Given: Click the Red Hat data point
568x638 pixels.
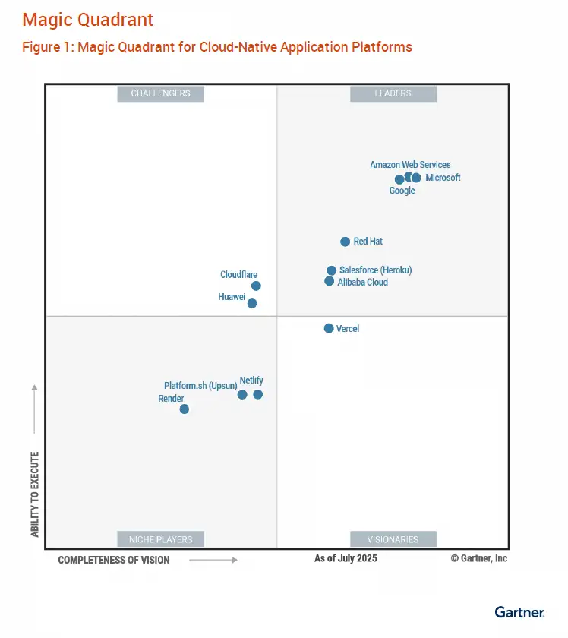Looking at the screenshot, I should [x=346, y=242].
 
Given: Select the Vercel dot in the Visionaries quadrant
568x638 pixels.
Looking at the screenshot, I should [x=329, y=328].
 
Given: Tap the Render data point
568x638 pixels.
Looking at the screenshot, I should [x=184, y=409].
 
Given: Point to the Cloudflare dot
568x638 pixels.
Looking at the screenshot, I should [x=256, y=286].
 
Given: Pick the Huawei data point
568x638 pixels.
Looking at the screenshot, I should [x=252, y=303].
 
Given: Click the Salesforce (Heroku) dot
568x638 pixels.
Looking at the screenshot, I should [x=331, y=270].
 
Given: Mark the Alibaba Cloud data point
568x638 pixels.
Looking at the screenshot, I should [x=329, y=281].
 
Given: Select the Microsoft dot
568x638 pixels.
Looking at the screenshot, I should [x=416, y=178].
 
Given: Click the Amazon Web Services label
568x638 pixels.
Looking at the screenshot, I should [x=410, y=164].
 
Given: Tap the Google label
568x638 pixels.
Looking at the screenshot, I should [x=402, y=191].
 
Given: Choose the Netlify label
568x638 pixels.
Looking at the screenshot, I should [x=251, y=380].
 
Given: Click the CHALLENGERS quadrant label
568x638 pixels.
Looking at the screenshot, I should [x=160, y=93].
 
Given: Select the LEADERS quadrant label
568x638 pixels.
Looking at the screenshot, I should [x=393, y=93].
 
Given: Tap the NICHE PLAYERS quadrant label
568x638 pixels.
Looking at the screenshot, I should [x=160, y=539].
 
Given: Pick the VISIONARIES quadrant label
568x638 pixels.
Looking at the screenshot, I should [x=393, y=539].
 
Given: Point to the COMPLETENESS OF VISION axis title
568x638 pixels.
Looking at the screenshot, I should [x=114, y=560].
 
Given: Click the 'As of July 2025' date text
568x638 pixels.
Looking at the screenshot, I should [x=346, y=558].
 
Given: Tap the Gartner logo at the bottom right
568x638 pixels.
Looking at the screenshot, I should [x=519, y=612].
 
